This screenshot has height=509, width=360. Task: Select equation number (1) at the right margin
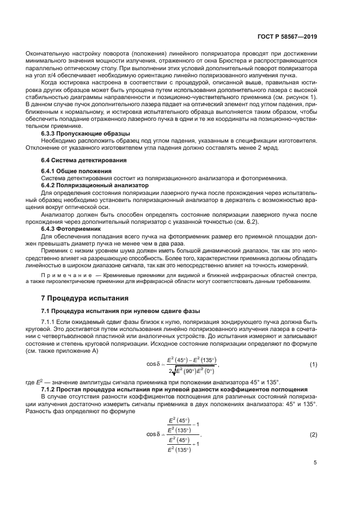(313, 364)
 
